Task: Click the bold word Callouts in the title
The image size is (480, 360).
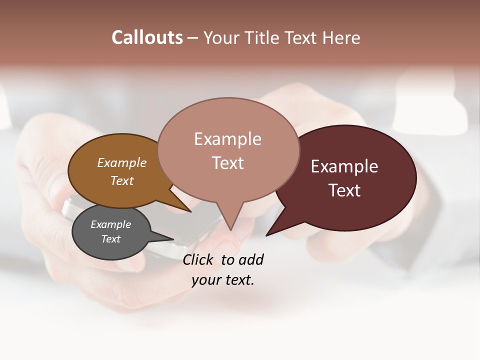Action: point(147,37)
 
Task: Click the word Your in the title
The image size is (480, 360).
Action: point(222,37)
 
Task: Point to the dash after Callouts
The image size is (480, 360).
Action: point(193,38)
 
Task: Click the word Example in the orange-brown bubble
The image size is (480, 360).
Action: point(121,162)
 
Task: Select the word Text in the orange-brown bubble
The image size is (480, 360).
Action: point(121,180)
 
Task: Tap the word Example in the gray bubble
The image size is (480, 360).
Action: point(110,224)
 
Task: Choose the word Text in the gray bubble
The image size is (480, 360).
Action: point(110,239)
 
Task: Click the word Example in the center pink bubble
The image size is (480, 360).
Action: point(227,139)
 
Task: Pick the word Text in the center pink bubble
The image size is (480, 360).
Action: point(227,163)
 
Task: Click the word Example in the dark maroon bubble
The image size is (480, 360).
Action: point(344,166)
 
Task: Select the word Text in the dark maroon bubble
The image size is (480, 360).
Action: point(344,190)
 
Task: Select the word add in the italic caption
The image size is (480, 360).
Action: point(251,259)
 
